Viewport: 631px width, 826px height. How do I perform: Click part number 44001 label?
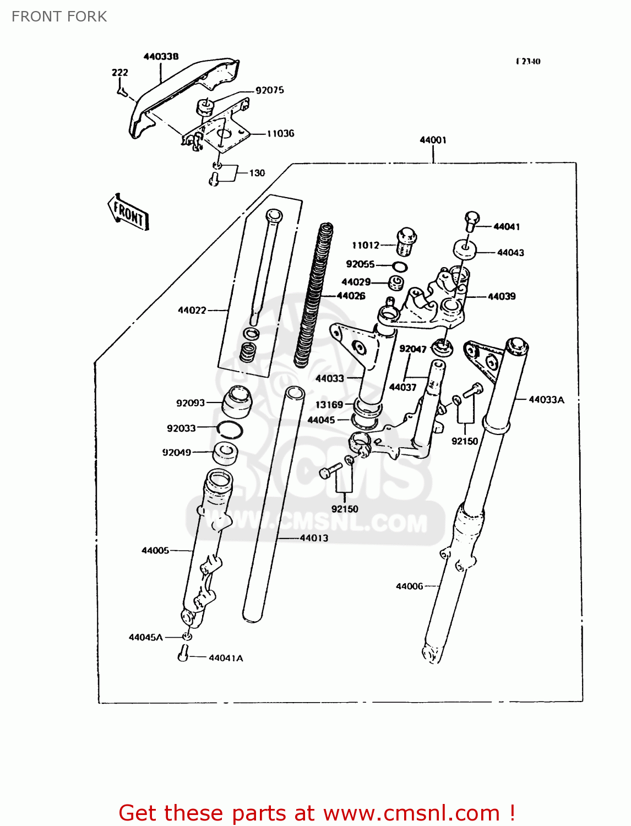tap(433, 140)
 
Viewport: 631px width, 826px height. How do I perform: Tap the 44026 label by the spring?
tap(351, 296)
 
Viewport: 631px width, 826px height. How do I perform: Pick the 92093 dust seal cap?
tap(237, 403)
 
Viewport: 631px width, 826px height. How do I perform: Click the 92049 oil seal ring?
tap(226, 453)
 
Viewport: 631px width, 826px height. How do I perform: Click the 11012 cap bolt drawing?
tap(406, 241)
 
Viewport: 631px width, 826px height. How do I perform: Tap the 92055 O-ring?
tap(400, 267)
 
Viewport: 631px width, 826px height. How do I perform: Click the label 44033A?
tap(546, 400)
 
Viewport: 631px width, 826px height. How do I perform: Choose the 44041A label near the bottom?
tap(226, 657)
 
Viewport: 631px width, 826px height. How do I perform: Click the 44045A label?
tap(145, 637)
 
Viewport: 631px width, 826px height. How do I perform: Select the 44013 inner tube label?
tap(314, 538)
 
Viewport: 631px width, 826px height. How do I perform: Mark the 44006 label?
tap(410, 586)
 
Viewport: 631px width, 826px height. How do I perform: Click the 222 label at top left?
tap(119, 72)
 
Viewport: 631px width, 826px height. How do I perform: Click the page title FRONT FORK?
tap(59, 17)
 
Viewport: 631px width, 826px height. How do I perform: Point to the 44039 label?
tap(502, 296)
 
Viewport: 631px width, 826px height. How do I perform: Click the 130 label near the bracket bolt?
tap(257, 173)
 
